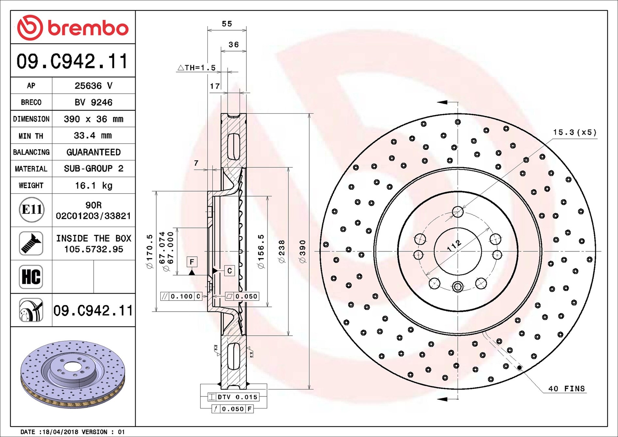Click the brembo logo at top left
(72, 28)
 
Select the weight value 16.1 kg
(94, 186)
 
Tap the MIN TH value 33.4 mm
(93, 135)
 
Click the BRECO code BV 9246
(93, 102)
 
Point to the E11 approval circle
(31, 210)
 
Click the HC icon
(31, 277)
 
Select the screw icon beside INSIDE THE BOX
(31, 243)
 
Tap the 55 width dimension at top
(227, 24)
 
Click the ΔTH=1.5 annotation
(197, 68)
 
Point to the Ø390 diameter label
(303, 251)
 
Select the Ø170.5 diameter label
(150, 251)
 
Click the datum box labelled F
(192, 262)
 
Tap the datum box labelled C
(230, 271)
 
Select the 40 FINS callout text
(566, 388)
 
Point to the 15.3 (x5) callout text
(575, 132)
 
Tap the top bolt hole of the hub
(458, 212)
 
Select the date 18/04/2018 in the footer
(60, 432)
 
